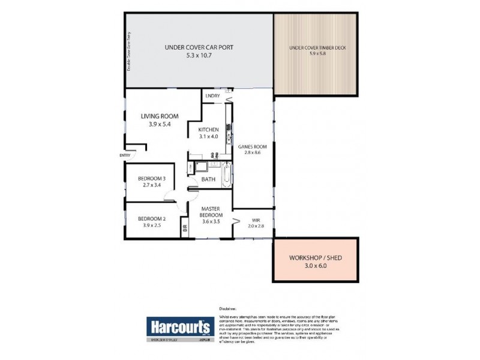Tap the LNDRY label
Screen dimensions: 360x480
pyautogui.click(x=212, y=96)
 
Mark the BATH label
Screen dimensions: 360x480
pyautogui.click(x=208, y=179)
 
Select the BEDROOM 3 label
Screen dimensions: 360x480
pyautogui.click(x=151, y=178)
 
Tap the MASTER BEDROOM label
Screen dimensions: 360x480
pyautogui.click(x=211, y=212)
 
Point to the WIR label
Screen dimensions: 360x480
pyautogui.click(x=256, y=220)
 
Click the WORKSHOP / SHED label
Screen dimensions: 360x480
pyautogui.click(x=316, y=257)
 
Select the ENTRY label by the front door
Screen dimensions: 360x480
pyautogui.click(x=125, y=155)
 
